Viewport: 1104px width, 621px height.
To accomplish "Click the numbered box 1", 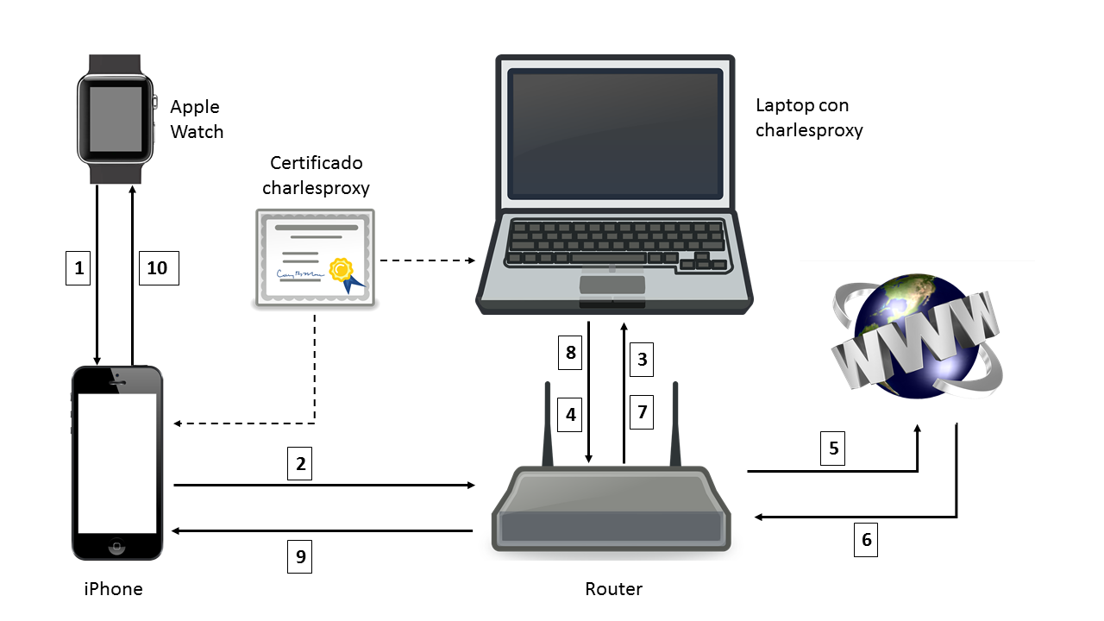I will tap(79, 268).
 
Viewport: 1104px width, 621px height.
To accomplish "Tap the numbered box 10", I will tap(158, 268).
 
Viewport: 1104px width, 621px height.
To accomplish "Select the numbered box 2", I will tap(300, 464).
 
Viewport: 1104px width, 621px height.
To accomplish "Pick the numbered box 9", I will tap(300, 556).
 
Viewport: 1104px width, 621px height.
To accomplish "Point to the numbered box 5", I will tap(833, 448).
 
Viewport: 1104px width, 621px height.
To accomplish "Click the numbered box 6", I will tap(867, 540).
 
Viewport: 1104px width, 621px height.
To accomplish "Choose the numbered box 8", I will tap(570, 353).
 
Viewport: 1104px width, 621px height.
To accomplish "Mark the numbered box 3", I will tap(641, 359).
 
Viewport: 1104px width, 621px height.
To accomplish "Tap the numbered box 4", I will tap(570, 414).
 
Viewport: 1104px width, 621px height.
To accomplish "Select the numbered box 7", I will tap(641, 412).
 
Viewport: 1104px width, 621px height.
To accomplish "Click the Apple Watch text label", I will tap(196, 119).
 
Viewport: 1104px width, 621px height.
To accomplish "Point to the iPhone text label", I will tap(113, 589).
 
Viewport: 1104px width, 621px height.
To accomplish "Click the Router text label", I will tap(613, 589).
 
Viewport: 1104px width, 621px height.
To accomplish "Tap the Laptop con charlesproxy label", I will tap(808, 118).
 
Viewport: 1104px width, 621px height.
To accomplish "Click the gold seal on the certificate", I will tap(342, 270).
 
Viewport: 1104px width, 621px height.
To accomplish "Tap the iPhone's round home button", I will tap(116, 547).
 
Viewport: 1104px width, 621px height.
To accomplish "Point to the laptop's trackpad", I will tap(613, 285).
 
